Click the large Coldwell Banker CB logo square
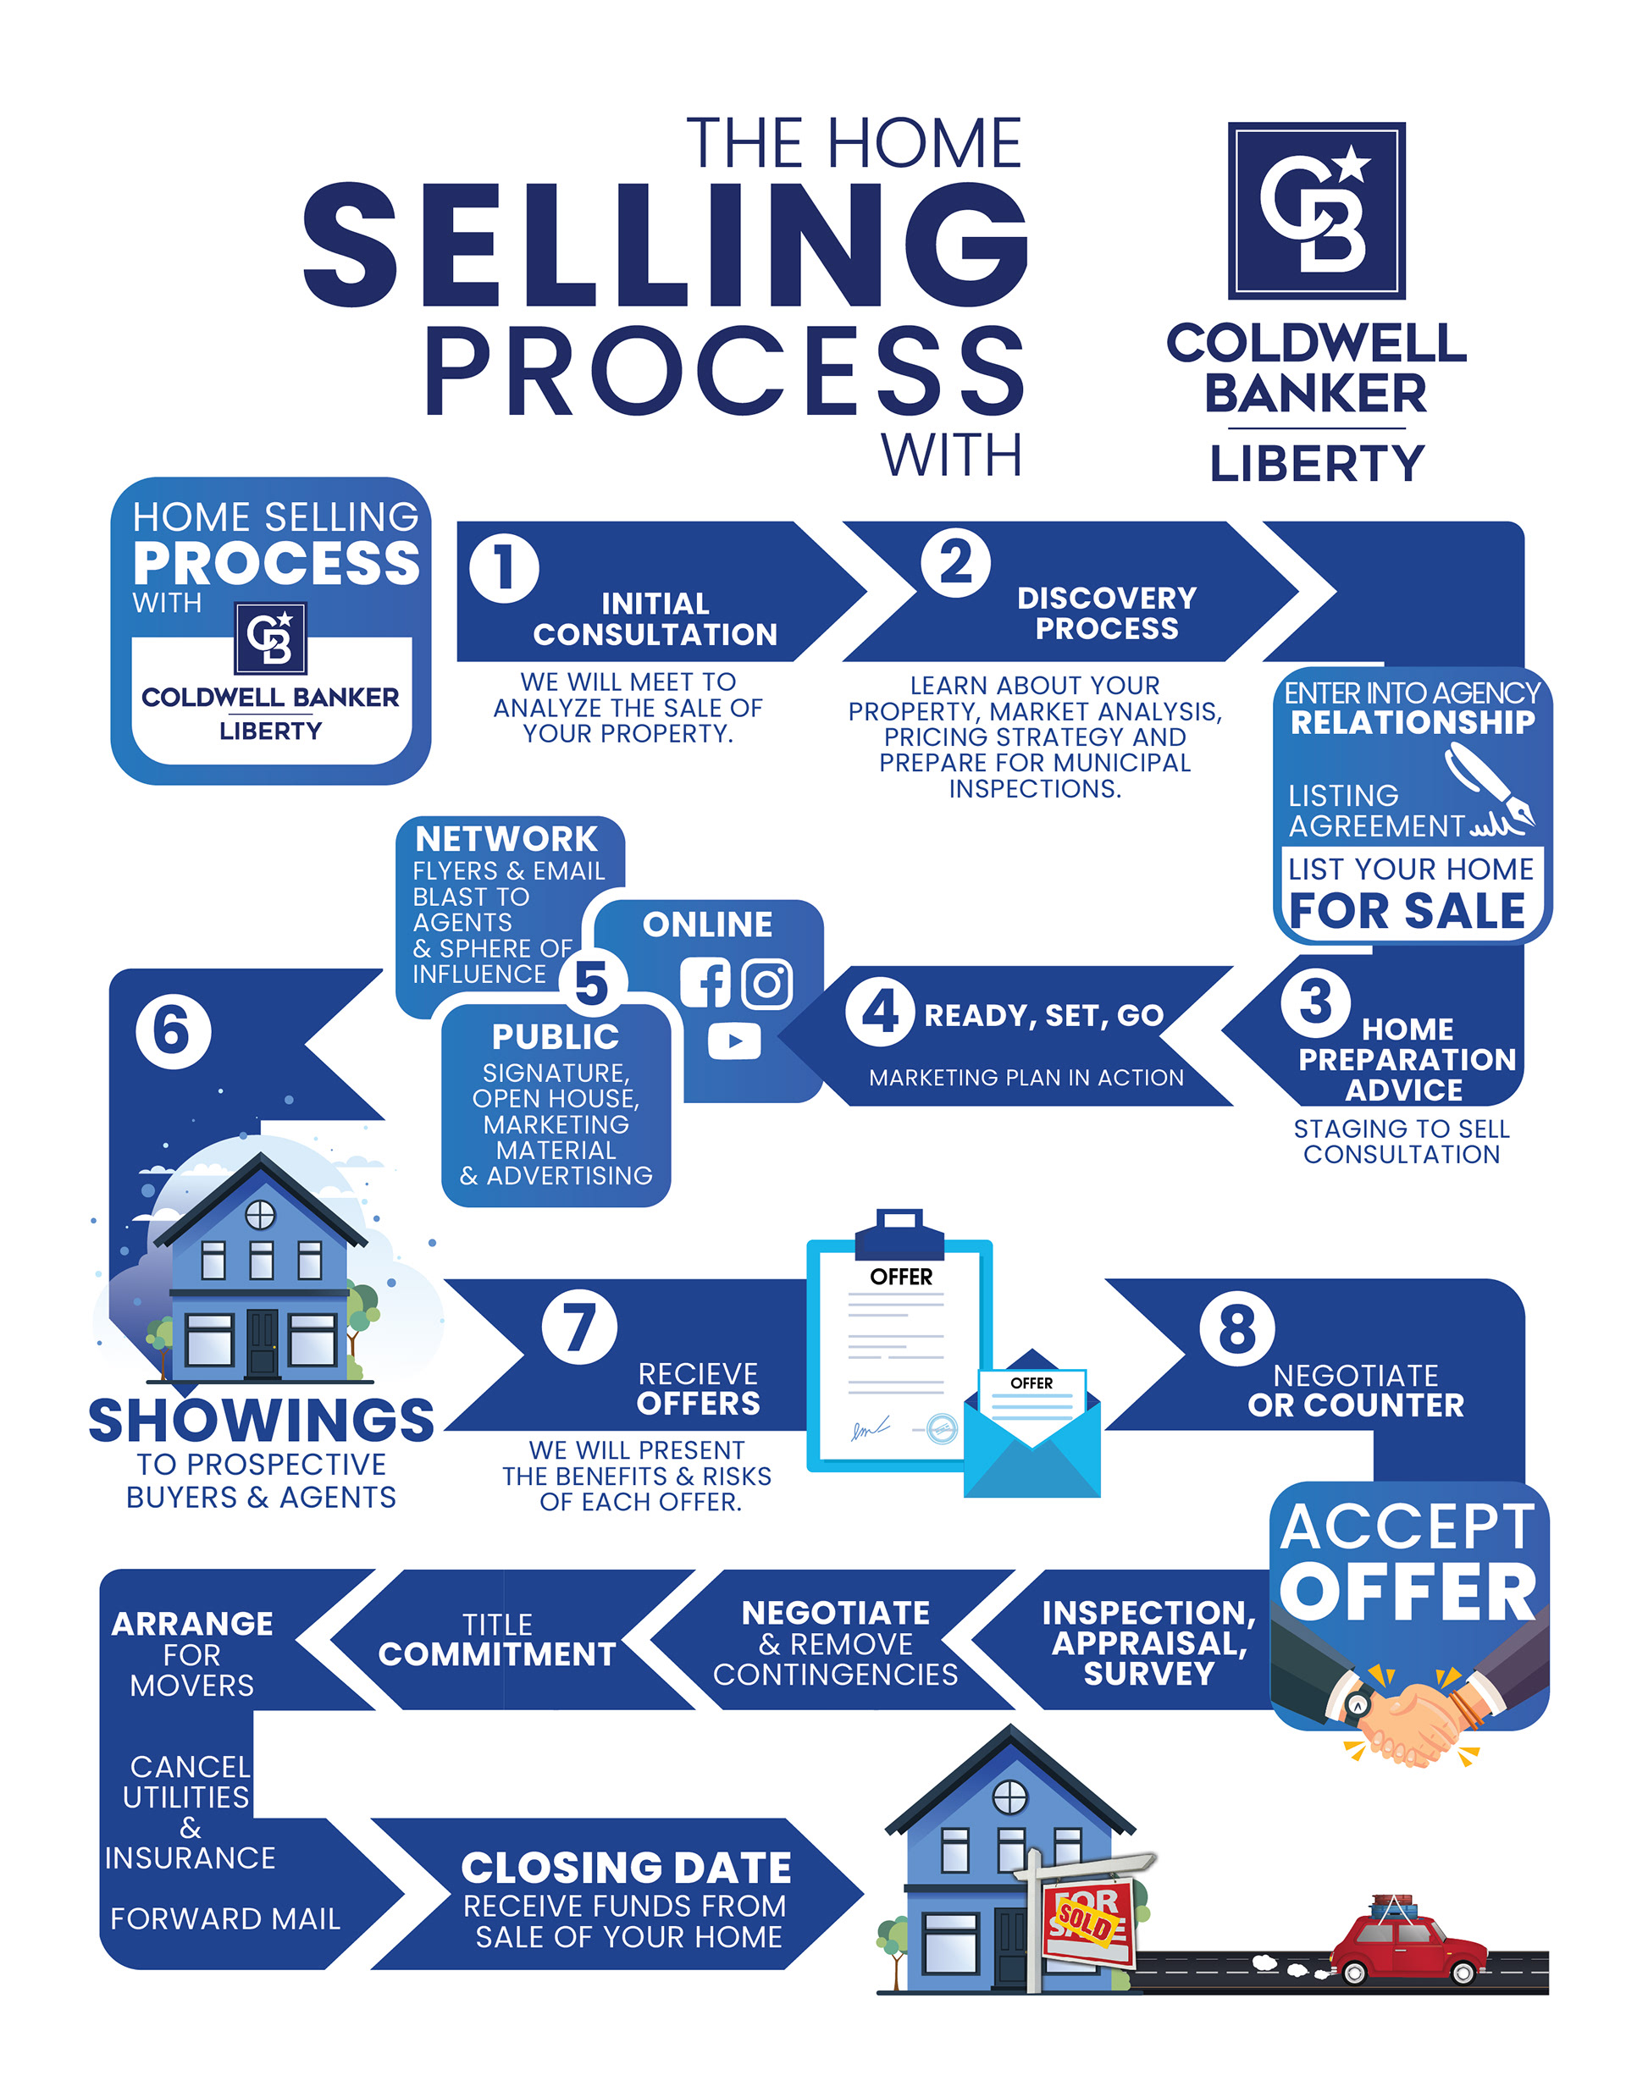coord(1315,211)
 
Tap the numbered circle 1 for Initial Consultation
coord(504,568)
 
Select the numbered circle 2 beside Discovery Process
coord(955,563)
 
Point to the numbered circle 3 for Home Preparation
coord(1315,1002)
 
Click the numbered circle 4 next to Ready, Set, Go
coord(880,1011)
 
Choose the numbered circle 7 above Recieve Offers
coord(578,1327)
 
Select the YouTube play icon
coord(734,1040)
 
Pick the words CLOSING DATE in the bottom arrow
coord(626,1868)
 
